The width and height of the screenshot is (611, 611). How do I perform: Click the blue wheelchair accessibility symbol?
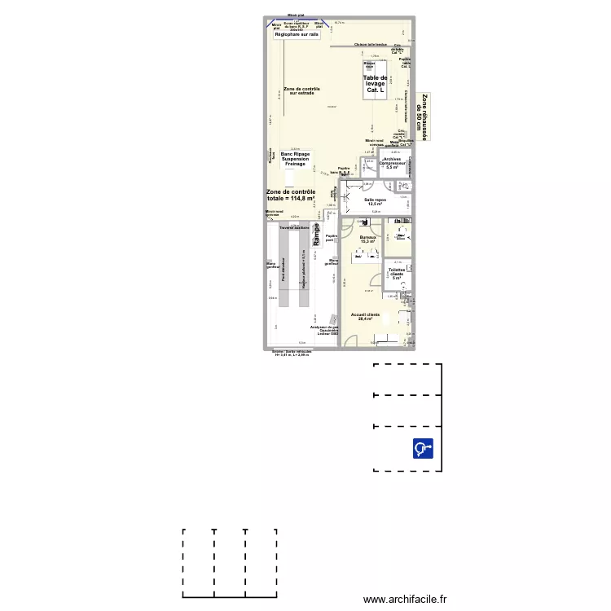(x=423, y=448)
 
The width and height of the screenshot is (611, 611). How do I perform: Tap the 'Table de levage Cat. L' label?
(x=375, y=84)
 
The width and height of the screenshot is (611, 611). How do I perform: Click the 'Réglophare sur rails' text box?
(x=297, y=35)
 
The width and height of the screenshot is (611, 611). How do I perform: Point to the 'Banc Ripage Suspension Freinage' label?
(x=295, y=159)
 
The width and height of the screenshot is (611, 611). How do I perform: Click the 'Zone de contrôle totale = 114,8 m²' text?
(x=291, y=195)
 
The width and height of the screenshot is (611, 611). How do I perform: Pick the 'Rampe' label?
(x=316, y=235)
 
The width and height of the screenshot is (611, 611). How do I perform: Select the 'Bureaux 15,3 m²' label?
(x=368, y=240)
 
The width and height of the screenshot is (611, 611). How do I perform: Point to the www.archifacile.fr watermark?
(x=405, y=599)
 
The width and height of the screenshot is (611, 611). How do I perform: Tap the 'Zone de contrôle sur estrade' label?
(x=301, y=90)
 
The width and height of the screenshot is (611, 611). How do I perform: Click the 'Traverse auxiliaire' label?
(x=295, y=228)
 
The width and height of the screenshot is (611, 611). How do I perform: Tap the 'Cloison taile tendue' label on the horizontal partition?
(x=371, y=45)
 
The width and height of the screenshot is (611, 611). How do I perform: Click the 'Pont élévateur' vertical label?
(x=284, y=270)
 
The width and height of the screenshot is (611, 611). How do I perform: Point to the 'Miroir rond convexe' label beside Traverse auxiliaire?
(x=271, y=213)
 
